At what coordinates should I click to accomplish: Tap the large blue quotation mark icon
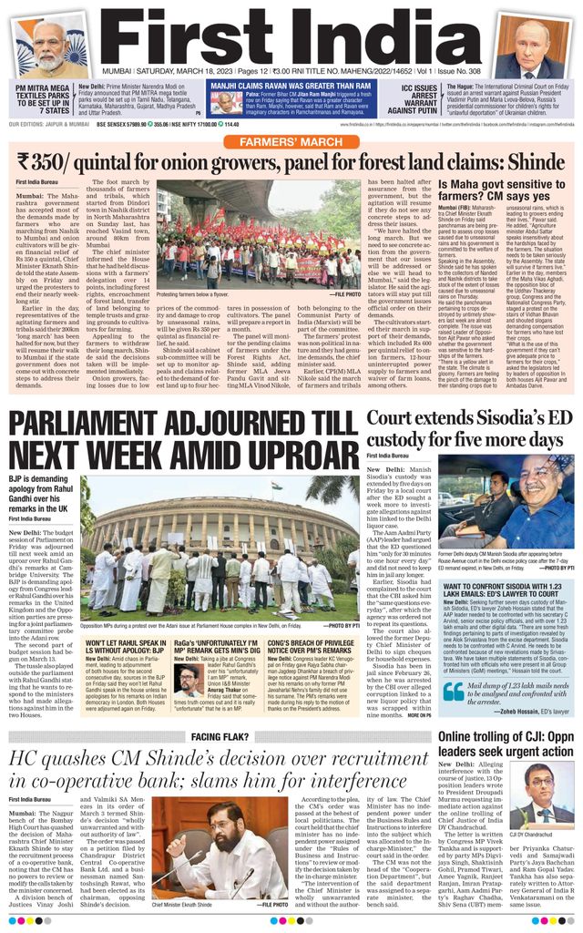[x=453, y=692]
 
